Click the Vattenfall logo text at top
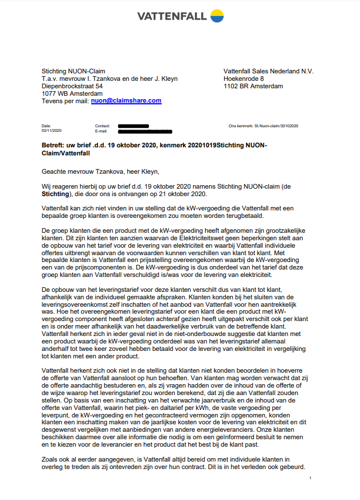[x=171, y=17]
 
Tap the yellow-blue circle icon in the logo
[x=216, y=16]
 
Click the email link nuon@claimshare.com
[x=126, y=101]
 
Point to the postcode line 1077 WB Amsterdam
[x=72, y=93]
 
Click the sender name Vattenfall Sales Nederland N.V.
[x=268, y=71]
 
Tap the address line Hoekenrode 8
[x=244, y=79]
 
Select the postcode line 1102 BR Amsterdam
[x=253, y=86]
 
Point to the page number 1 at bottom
[x=310, y=478]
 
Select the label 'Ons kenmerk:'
[x=240, y=126]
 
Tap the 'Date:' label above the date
[x=46, y=126]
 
